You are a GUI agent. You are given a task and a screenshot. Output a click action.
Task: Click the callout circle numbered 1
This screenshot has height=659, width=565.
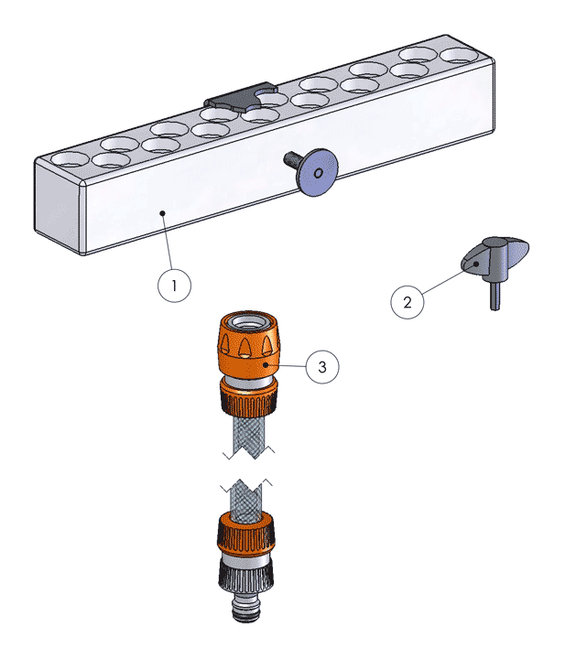click(174, 286)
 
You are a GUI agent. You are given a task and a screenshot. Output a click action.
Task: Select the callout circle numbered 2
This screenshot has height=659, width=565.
click(407, 302)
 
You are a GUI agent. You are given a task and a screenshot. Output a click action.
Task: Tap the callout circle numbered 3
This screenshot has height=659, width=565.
click(322, 367)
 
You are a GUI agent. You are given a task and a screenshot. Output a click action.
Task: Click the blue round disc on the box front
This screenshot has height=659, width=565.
click(319, 172)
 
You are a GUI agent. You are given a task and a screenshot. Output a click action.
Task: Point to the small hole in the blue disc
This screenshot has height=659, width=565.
click(319, 173)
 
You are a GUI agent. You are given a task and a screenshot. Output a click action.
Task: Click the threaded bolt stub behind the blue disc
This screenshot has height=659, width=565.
click(293, 159)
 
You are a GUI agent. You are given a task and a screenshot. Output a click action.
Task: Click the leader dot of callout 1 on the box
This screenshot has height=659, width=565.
click(163, 213)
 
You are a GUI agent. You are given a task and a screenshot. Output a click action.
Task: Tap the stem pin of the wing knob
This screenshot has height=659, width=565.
click(495, 296)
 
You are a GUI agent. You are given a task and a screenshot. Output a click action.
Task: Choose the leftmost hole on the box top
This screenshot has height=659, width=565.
click(71, 159)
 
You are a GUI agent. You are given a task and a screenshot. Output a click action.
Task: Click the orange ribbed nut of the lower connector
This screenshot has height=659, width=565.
click(246, 534)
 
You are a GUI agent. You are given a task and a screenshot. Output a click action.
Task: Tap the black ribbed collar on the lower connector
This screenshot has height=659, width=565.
click(246, 577)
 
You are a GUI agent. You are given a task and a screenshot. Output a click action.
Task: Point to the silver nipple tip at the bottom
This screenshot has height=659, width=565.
click(246, 608)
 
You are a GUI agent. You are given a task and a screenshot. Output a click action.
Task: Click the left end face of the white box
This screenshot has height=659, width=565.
click(58, 206)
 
